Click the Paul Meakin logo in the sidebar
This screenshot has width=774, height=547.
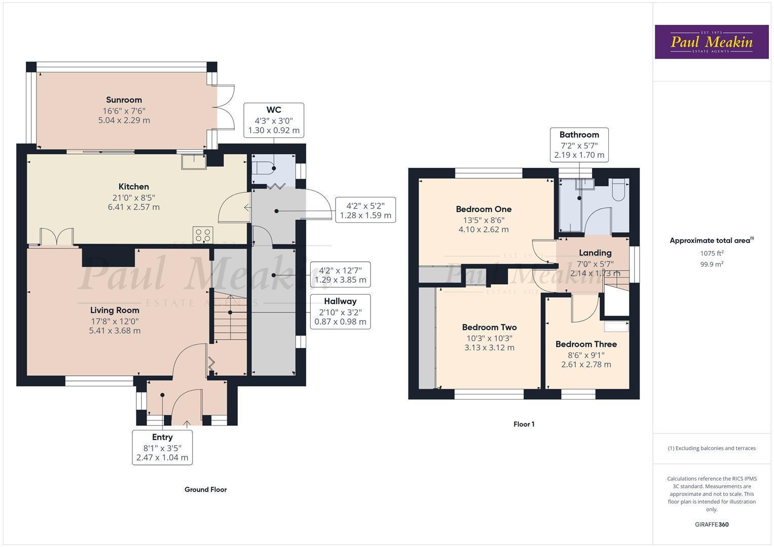tap(711, 42)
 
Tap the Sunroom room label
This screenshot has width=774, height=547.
tap(124, 100)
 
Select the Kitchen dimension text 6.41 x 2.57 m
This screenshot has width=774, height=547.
tap(134, 207)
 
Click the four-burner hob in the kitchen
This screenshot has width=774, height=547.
tap(203, 236)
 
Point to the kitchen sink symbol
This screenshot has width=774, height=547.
tap(194, 161)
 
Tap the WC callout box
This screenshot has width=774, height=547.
tap(274, 120)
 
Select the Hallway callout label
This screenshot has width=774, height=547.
tap(340, 301)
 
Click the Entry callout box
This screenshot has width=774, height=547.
tap(162, 447)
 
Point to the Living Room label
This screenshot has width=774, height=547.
tap(115, 310)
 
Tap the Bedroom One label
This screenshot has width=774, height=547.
tap(484, 209)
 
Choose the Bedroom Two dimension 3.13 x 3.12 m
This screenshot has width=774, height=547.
tap(489, 348)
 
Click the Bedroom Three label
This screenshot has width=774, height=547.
tap(586, 344)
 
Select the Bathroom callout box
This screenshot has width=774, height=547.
tap(579, 145)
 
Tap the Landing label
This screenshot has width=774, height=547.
tap(595, 253)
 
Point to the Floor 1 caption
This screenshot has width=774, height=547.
tap(524, 424)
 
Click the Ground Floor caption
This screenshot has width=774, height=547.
tap(205, 490)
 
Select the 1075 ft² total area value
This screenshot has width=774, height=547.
tap(712, 253)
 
